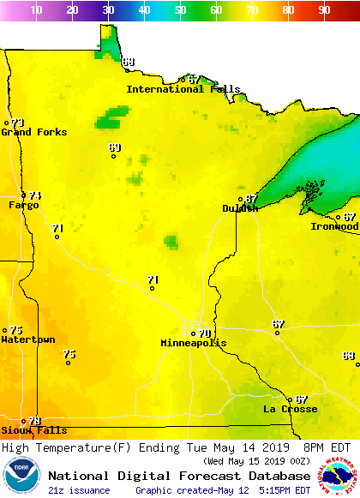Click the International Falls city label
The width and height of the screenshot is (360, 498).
point(183,89)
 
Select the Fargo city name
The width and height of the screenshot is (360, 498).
point(23,205)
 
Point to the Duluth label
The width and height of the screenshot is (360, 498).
point(240,208)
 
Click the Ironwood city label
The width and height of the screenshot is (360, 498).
point(334,226)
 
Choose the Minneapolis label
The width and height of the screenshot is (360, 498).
point(194,343)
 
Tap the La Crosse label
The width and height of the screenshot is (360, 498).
point(290,409)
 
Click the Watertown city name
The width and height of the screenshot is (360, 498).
point(27,339)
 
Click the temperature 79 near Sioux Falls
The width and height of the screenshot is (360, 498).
point(34,420)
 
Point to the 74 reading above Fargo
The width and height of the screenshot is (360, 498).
point(35,195)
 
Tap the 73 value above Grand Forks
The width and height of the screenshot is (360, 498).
point(17,123)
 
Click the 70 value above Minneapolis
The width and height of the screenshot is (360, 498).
point(204,333)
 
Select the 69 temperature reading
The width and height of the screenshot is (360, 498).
point(114,147)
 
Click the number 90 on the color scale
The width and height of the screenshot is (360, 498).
point(324,9)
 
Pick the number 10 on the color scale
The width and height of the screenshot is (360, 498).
point(37,9)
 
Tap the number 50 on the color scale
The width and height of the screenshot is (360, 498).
point(180,9)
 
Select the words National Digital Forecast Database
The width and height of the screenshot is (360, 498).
point(178,476)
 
